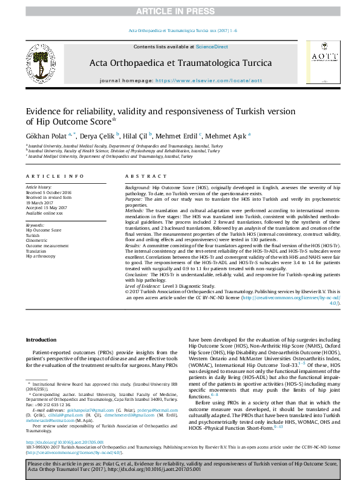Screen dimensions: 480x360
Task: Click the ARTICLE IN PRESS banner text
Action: click(x=180, y=11)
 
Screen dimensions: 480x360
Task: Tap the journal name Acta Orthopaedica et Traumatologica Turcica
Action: click(x=180, y=63)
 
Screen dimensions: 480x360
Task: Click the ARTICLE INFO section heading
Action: click(x=54, y=176)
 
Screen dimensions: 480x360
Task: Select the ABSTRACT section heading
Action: click(x=145, y=176)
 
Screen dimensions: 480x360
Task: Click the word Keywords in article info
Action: click(x=35, y=225)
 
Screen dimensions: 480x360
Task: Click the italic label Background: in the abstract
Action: click(x=138, y=189)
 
